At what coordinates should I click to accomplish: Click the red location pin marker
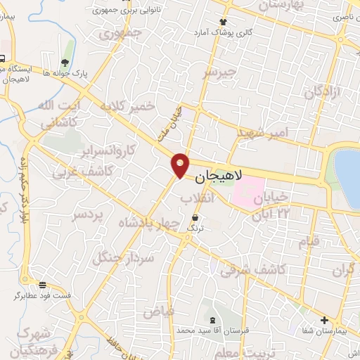tap(181, 165)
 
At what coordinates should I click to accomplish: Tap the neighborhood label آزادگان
tap(322, 92)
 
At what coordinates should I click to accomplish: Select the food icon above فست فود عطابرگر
tap(43, 285)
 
